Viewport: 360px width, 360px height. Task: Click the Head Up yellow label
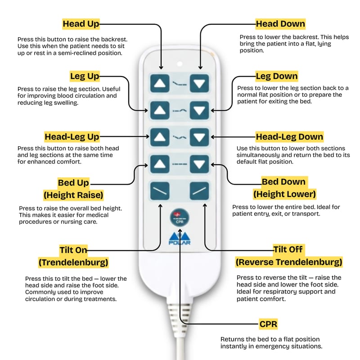click(x=81, y=24)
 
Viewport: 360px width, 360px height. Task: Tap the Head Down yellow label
click(x=280, y=24)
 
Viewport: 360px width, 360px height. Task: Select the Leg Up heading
click(x=85, y=76)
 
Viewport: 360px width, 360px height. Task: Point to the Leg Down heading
click(x=277, y=76)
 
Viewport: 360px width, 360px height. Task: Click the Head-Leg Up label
click(x=72, y=136)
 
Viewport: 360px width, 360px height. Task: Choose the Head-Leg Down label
click(x=289, y=136)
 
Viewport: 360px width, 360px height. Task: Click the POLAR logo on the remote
click(x=179, y=238)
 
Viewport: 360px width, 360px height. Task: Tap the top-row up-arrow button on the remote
click(x=159, y=83)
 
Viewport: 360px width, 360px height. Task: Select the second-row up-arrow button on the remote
click(x=159, y=109)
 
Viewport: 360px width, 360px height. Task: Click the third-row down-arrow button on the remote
click(x=199, y=136)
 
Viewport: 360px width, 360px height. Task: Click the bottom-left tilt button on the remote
click(x=159, y=191)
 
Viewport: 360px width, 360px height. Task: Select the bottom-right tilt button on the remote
click(x=199, y=191)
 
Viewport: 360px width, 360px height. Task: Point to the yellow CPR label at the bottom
click(x=268, y=324)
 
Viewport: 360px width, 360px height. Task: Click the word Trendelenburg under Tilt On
click(x=73, y=262)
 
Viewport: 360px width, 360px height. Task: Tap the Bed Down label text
click(x=283, y=182)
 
